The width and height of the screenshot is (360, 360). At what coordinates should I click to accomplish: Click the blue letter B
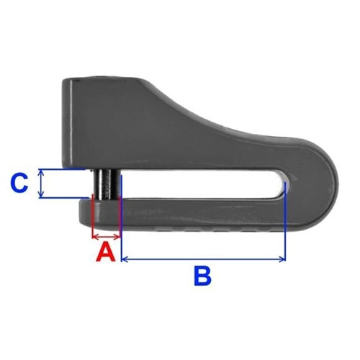tap(202, 276)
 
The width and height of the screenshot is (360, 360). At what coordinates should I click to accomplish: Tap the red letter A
tap(106, 251)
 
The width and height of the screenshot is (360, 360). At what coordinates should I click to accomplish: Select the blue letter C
tap(19, 184)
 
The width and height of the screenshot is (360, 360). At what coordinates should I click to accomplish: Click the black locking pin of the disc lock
tap(106, 184)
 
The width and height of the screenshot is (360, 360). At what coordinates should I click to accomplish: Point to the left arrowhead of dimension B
tap(125, 259)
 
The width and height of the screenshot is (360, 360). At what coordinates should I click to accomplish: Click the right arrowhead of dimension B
tap(282, 259)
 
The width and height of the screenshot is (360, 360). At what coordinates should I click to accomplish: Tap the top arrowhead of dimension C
tap(42, 172)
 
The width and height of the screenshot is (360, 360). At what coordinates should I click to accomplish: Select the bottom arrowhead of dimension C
tap(42, 195)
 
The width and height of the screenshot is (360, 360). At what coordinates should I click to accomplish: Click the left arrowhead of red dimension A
tap(95, 237)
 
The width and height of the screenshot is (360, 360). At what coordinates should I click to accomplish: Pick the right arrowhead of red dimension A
tap(117, 237)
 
